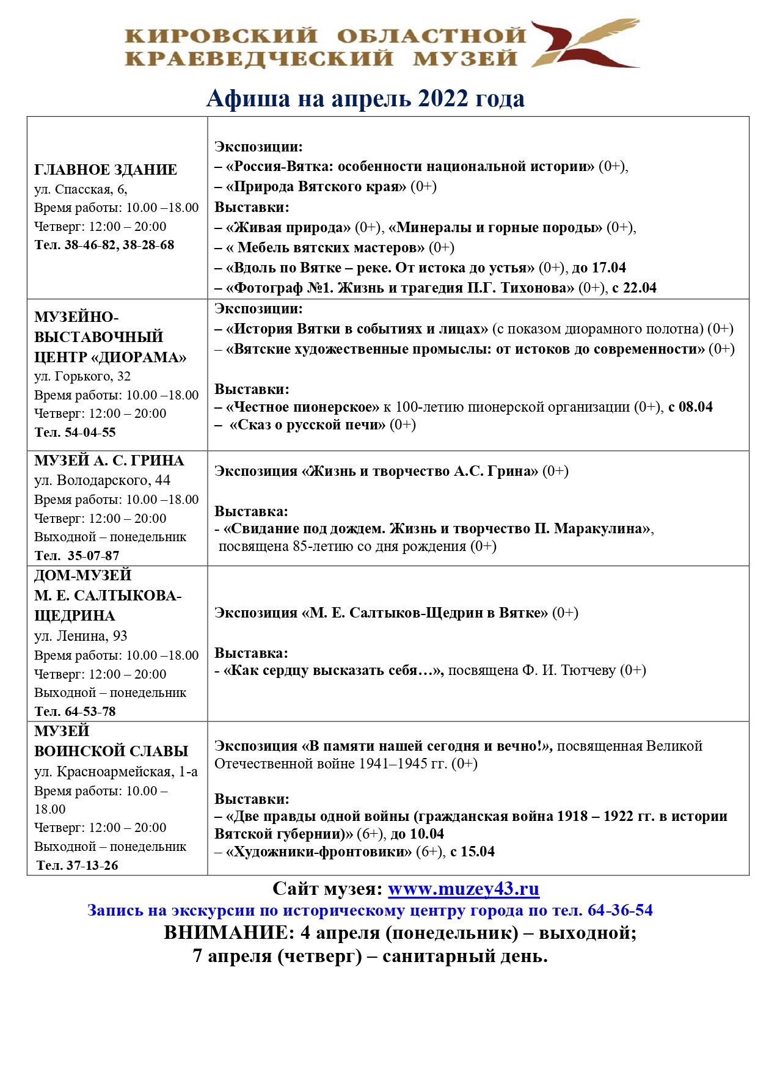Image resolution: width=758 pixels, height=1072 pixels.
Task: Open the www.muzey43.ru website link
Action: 464,889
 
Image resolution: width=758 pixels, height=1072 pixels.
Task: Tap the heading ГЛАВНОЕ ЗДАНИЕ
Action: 106,170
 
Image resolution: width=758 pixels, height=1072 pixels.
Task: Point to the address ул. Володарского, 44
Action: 102,480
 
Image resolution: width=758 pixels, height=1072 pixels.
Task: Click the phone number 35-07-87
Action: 93,556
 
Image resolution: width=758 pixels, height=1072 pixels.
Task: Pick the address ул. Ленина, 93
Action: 81,636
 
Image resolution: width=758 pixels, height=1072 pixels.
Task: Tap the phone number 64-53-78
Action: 90,712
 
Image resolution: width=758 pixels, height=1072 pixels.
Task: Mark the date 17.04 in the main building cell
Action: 609,268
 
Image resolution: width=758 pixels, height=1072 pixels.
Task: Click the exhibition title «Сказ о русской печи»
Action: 307,425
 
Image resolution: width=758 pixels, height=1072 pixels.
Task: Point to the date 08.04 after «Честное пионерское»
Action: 696,407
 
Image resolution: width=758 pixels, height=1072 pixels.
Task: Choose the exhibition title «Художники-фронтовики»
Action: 319,851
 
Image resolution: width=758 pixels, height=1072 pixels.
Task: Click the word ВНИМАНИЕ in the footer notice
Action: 225,933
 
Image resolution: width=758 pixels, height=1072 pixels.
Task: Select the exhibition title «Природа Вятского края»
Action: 316,186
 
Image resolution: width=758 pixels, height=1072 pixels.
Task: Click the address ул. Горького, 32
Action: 82,376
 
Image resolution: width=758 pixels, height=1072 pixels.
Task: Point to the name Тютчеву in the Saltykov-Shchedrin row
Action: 586,670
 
